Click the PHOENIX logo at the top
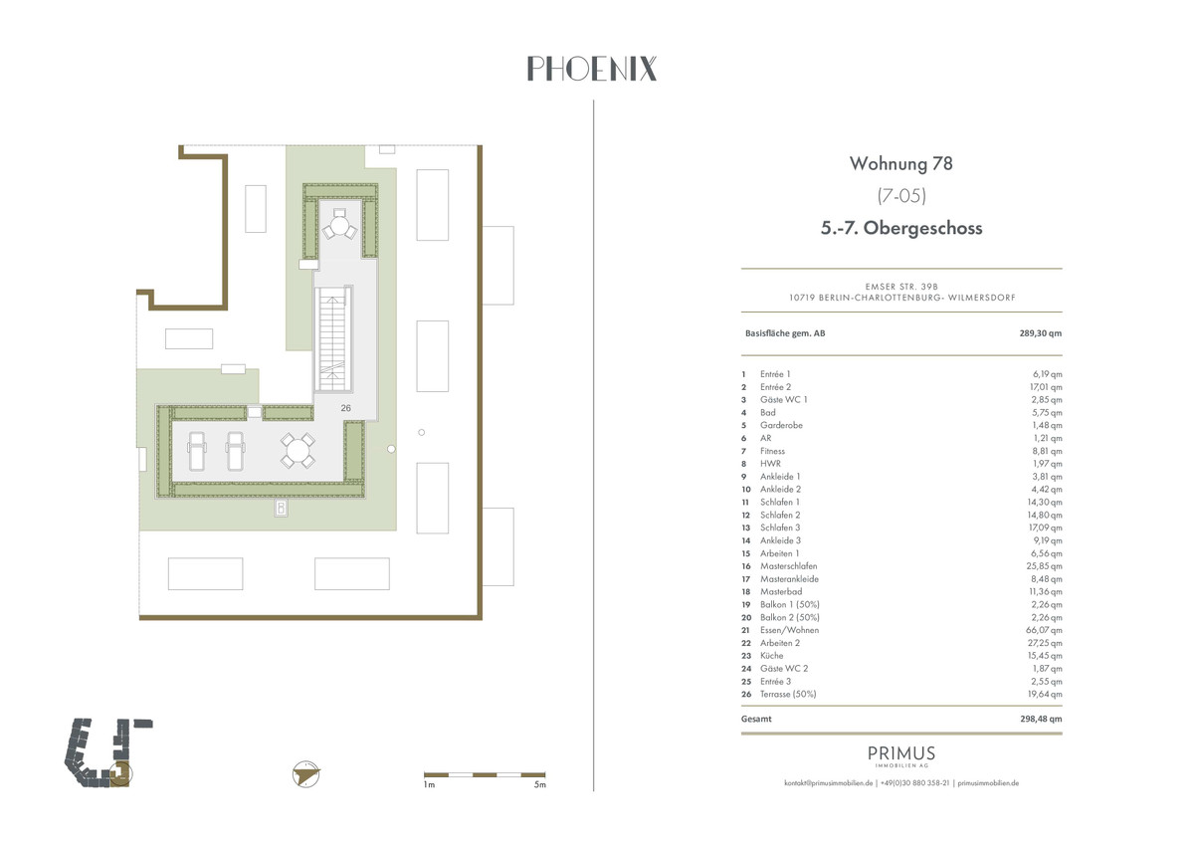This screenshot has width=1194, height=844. click(591, 69)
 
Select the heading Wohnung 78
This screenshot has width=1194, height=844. click(901, 163)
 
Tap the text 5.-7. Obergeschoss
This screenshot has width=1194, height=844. click(901, 228)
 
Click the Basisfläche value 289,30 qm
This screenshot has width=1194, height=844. click(1040, 333)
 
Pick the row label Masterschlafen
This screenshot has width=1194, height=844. click(788, 566)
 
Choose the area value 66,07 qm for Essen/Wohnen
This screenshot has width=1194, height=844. click(1045, 630)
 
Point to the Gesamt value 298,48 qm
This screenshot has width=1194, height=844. click(1040, 719)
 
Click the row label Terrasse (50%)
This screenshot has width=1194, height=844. click(787, 695)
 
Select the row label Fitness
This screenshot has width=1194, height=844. click(772, 451)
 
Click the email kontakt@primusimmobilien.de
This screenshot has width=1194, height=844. click(828, 783)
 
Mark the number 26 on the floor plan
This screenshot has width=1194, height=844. click(346, 407)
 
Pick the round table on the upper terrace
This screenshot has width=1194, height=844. click(339, 228)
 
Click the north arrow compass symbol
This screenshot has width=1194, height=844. click(307, 773)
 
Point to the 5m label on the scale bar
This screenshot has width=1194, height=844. click(539, 785)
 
